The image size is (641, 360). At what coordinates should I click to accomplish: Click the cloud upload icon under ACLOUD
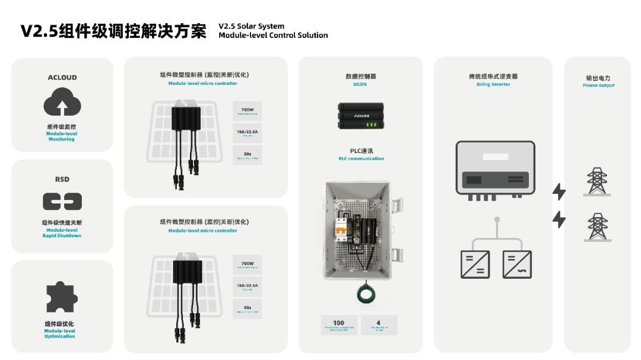point(62,102)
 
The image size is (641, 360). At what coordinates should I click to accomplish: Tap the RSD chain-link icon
point(62,202)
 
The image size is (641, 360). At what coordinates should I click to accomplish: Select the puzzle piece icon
point(62,297)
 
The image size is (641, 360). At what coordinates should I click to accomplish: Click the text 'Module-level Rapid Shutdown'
point(62,232)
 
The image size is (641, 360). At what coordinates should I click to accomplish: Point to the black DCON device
point(361,116)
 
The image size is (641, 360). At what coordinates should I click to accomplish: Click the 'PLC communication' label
point(361,159)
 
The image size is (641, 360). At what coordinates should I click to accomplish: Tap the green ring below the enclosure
point(364,294)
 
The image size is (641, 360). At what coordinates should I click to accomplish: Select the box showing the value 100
point(339,324)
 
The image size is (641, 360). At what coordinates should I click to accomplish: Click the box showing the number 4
point(379,324)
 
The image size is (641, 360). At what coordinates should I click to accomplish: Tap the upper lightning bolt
point(559,192)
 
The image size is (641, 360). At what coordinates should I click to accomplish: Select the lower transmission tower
point(597,227)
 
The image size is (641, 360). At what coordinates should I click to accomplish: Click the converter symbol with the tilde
point(517,265)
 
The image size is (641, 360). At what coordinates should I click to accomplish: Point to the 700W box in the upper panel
point(247,111)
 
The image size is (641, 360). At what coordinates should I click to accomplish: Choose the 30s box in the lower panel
point(247,309)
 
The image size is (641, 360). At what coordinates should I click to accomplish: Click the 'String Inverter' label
point(493,84)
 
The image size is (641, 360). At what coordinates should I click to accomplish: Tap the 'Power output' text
point(598,85)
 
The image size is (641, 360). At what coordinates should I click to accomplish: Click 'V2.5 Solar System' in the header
point(251,26)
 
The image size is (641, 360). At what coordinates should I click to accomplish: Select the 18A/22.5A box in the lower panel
point(247,287)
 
